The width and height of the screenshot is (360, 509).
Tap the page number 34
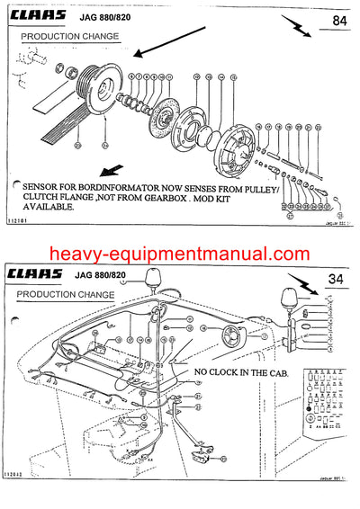click(x=336, y=278)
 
